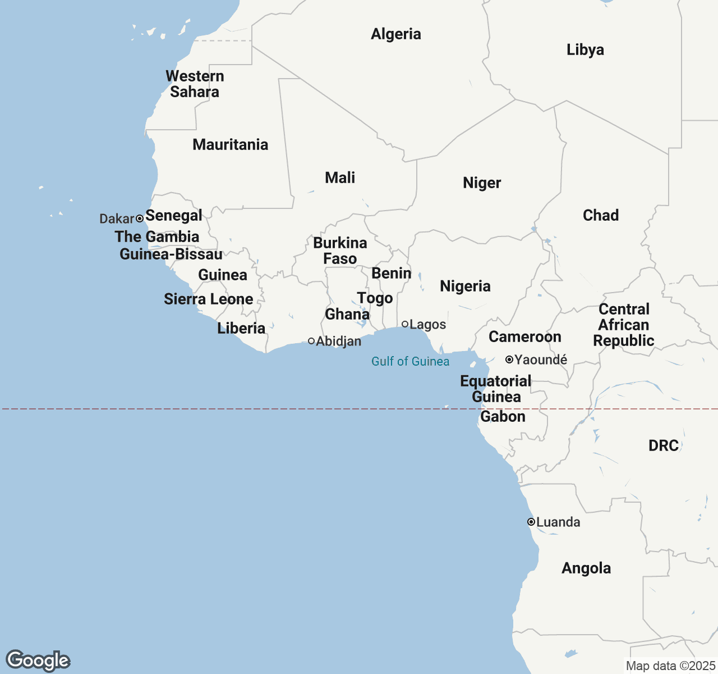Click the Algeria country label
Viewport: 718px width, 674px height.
[x=395, y=34]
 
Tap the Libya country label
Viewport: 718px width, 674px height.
[x=585, y=50]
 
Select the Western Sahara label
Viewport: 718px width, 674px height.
[x=195, y=84]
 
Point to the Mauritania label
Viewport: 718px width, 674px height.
[x=230, y=145]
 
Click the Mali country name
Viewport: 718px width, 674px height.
[x=340, y=178]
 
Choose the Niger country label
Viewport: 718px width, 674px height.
[x=482, y=183]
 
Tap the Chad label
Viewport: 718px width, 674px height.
[x=600, y=216]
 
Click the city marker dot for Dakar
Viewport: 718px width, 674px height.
[x=140, y=218]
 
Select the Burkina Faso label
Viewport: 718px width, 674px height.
[x=340, y=251]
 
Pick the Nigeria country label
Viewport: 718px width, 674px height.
[x=465, y=286]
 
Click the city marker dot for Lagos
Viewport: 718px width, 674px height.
[x=405, y=324]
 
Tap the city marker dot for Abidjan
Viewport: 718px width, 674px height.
[x=311, y=341]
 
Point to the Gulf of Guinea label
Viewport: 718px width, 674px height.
[x=410, y=362]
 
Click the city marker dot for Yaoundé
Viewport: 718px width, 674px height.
[x=509, y=359]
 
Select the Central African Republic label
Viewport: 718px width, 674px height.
[x=624, y=325]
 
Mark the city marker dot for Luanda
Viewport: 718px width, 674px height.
[x=531, y=522]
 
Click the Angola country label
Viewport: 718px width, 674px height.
[x=586, y=568]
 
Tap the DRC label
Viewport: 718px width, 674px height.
[x=664, y=446]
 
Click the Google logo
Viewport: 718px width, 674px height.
[x=38, y=661]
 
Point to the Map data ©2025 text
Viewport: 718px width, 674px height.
[x=670, y=666]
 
